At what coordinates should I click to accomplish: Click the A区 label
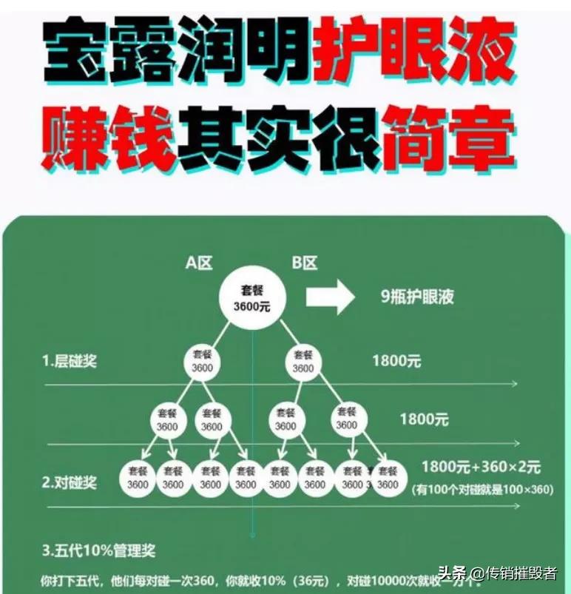tap(200, 263)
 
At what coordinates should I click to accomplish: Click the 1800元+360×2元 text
tap(481, 468)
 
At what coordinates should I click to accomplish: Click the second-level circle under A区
tap(202, 361)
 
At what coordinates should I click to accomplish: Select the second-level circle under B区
tap(303, 361)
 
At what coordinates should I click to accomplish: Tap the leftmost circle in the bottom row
tap(137, 478)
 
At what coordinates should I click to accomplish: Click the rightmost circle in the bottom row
tap(386, 478)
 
